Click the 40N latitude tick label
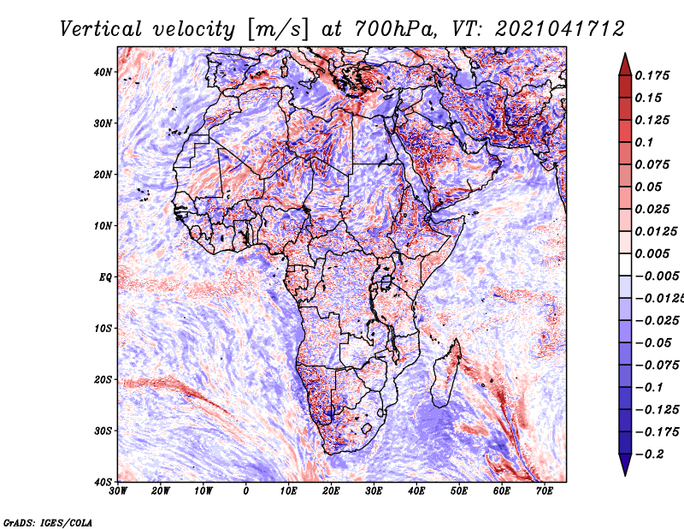point(103,72)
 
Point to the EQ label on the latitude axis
point(105,277)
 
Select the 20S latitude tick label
point(103,379)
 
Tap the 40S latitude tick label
point(103,482)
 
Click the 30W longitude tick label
point(118,491)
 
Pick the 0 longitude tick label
point(246,491)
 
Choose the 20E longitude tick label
point(331,491)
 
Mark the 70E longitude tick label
point(545,491)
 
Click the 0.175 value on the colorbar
point(652,75)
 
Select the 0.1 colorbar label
point(645,142)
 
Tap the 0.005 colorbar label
point(652,253)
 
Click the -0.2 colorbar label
point(650,455)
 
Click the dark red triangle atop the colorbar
point(625,65)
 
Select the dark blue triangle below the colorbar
point(625,465)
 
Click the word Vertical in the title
point(101,29)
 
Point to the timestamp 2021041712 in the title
point(560,29)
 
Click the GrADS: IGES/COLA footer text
point(48,523)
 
